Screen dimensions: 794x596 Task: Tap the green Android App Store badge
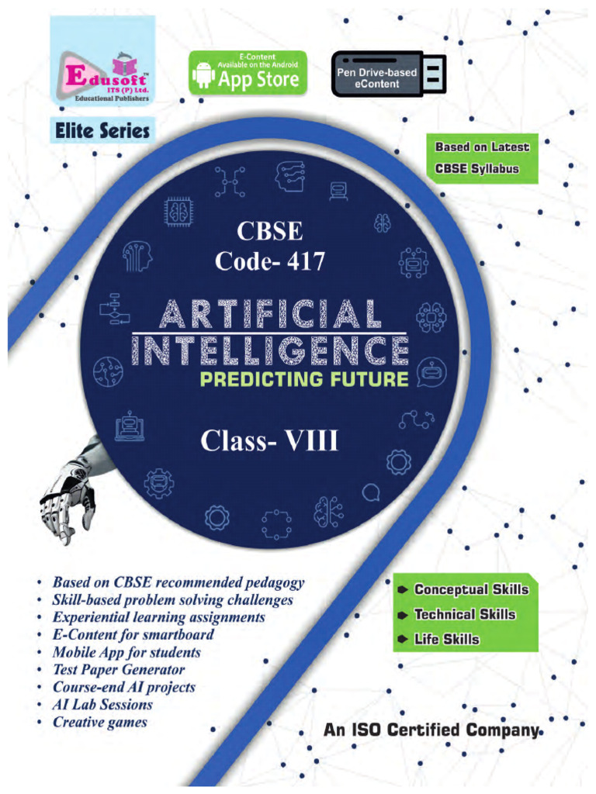pyautogui.click(x=248, y=73)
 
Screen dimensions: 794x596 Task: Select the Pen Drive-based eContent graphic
pyautogui.click(x=388, y=74)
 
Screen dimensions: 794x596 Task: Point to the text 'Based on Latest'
pyautogui.click(x=482, y=147)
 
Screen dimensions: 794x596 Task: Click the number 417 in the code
pyautogui.click(x=302, y=261)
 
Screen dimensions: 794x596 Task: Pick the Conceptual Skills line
pyautogui.click(x=470, y=589)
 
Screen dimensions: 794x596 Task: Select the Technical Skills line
pyautogui.click(x=464, y=615)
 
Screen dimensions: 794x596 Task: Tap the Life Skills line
pyautogui.click(x=446, y=640)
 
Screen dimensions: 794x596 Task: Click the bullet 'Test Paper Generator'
pyautogui.click(x=119, y=670)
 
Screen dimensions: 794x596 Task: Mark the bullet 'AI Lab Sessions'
pyautogui.click(x=102, y=705)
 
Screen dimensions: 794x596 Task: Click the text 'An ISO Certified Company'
pyautogui.click(x=430, y=730)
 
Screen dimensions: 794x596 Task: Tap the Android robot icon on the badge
pyautogui.click(x=203, y=75)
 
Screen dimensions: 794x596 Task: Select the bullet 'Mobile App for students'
pyautogui.click(x=126, y=653)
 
